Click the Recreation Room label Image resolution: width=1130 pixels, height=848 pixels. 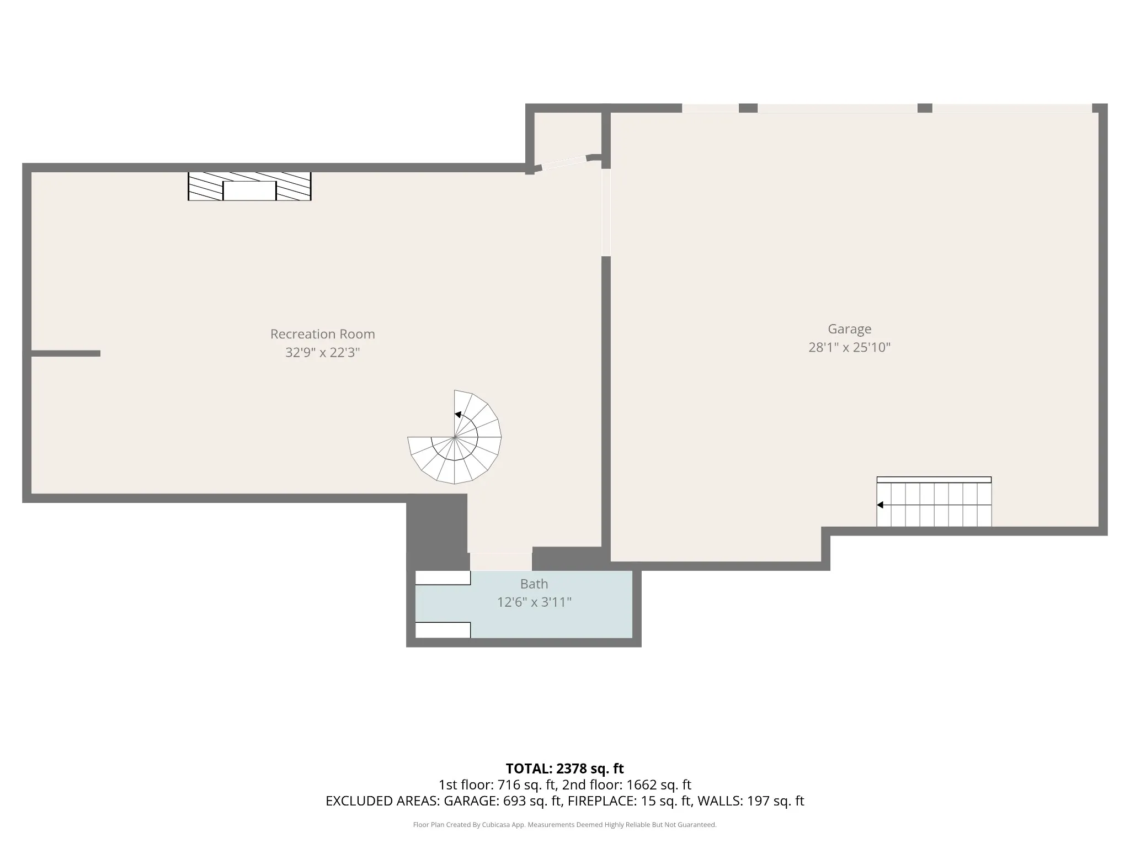(x=322, y=334)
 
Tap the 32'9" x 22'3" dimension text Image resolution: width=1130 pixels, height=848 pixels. (x=322, y=352)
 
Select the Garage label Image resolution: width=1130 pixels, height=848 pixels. (x=850, y=329)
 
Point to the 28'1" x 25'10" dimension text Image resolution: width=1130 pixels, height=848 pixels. (x=850, y=347)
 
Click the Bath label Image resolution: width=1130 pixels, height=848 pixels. (x=534, y=584)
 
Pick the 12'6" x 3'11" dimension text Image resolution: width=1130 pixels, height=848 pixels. (x=534, y=602)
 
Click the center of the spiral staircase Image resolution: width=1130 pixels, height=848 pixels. (x=455, y=437)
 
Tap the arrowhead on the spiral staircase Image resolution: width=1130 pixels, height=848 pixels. (x=458, y=415)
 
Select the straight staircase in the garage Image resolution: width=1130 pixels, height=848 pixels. (x=934, y=501)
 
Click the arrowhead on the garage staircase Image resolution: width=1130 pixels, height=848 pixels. (x=880, y=505)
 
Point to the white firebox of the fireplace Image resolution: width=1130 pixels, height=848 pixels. (x=249, y=190)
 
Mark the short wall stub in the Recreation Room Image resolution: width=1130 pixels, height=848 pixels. (x=66, y=353)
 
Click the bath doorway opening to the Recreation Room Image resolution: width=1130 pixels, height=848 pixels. (x=501, y=561)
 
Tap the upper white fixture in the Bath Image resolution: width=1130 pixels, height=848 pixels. (x=443, y=577)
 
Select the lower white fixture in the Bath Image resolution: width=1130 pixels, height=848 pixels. (x=443, y=630)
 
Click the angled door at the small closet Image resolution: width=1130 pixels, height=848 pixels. (x=564, y=162)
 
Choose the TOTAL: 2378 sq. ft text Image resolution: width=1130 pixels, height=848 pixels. (x=564, y=768)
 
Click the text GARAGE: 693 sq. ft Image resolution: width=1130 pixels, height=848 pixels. (x=503, y=801)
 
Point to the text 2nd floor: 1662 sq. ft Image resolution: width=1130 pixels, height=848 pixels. (x=627, y=785)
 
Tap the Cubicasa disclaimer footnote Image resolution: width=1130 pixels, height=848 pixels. (x=564, y=825)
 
